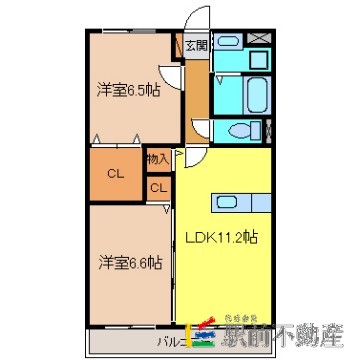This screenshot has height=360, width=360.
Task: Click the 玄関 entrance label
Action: tap(196, 46)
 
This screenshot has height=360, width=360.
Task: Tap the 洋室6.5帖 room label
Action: tap(128, 90)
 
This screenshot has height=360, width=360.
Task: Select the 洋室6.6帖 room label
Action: tap(127, 262)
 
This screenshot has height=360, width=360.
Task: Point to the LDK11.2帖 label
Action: tap(222, 239)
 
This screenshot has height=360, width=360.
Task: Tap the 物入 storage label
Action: tap(158, 158)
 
